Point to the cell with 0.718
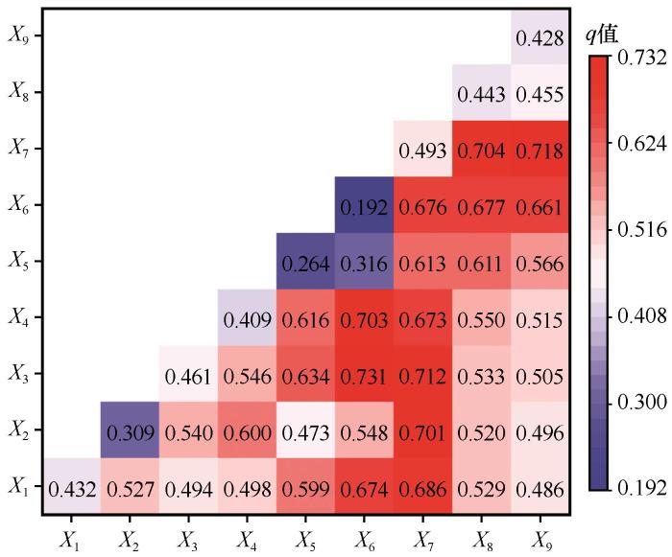[538, 150]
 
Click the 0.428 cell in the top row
[538, 38]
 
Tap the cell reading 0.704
[480, 150]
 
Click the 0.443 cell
[480, 94]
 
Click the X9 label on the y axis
[18, 36]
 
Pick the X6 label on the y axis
[18, 205]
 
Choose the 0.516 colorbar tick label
[642, 230]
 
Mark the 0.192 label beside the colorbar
[642, 487]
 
